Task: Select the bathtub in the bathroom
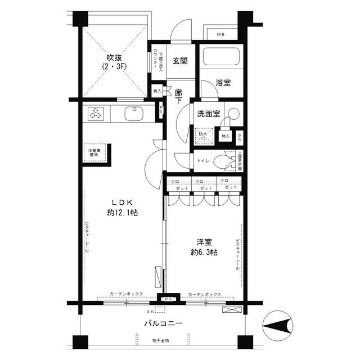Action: [220, 58]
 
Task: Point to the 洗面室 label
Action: [208, 114]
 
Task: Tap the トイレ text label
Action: [202, 161]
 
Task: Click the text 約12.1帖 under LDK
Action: [123, 213]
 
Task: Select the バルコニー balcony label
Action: [163, 323]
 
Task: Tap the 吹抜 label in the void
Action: [115, 58]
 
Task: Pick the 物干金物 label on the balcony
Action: [160, 341]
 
